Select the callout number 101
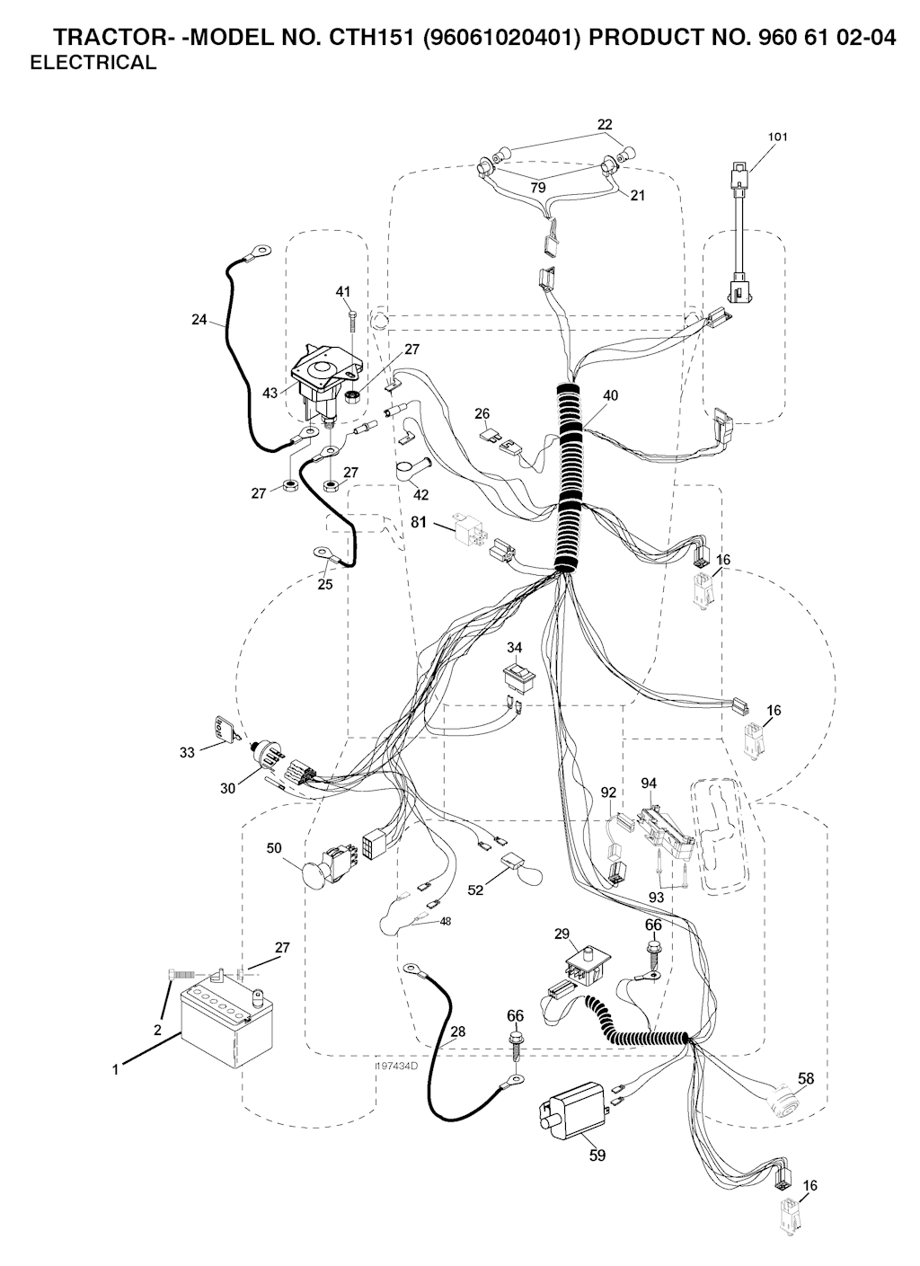[x=777, y=137]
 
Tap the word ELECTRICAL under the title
[x=93, y=63]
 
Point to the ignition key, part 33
[x=221, y=731]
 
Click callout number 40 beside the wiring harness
[x=610, y=395]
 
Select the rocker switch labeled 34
[x=518, y=675]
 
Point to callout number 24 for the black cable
[x=199, y=318]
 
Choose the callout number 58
[x=806, y=1078]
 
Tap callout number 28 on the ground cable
[x=457, y=1032]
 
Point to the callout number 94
[x=648, y=784]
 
